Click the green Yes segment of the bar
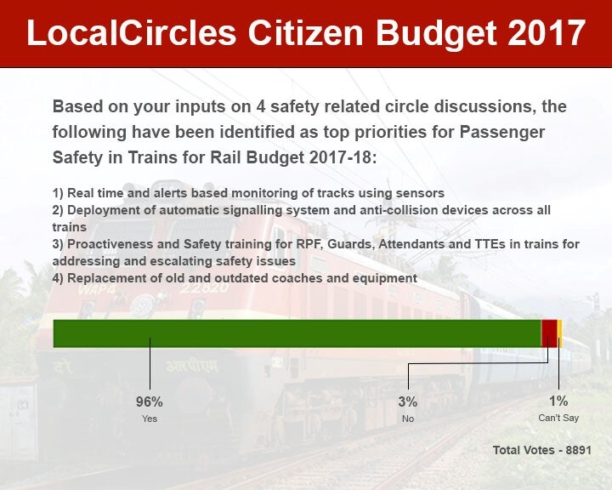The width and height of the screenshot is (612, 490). click(297, 333)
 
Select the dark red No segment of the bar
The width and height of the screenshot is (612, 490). click(549, 333)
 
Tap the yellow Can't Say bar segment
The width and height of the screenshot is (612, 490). click(559, 333)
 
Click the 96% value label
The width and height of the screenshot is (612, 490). click(149, 402)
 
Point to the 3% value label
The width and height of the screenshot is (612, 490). click(408, 402)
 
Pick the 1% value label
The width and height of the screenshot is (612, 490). click(558, 401)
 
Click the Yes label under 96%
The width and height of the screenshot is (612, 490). click(150, 419)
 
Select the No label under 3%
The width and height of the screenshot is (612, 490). click(408, 419)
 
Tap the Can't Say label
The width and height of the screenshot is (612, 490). click(558, 418)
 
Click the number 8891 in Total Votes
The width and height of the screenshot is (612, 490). click(579, 450)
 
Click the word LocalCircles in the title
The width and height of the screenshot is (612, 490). click(132, 33)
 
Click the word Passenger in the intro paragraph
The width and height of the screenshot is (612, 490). click(502, 132)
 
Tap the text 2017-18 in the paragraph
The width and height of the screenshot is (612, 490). click(343, 157)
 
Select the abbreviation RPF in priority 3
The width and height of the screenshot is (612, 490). click(309, 244)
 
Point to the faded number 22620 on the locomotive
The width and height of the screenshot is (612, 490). click(204, 288)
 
